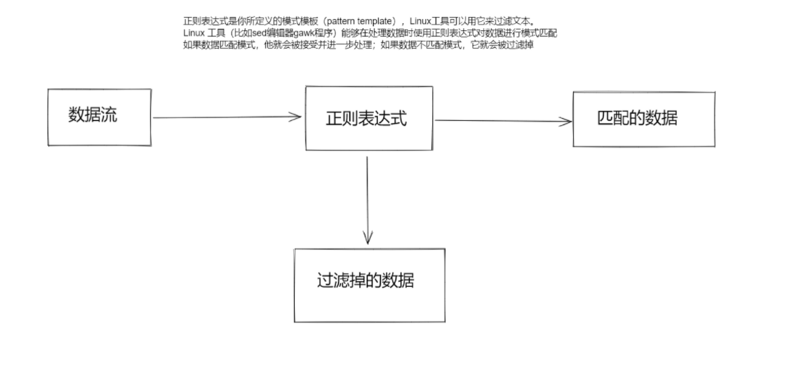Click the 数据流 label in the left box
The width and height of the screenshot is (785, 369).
click(x=93, y=116)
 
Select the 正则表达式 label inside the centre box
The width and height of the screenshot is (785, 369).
click(x=366, y=119)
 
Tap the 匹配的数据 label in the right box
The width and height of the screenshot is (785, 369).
click(x=637, y=118)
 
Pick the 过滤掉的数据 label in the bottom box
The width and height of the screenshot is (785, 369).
click(x=365, y=281)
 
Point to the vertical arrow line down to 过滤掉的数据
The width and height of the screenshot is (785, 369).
click(x=368, y=197)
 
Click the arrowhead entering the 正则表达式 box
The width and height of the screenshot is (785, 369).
click(x=296, y=117)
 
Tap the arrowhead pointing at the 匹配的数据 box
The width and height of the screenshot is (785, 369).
click(x=567, y=121)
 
